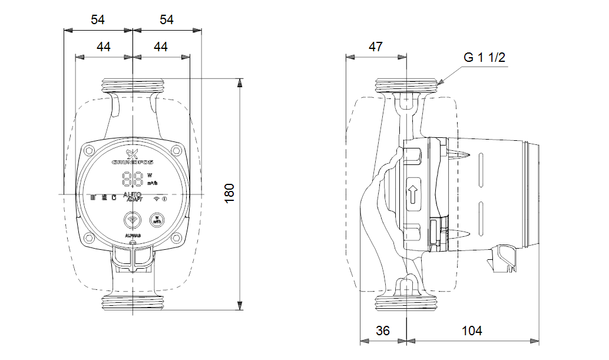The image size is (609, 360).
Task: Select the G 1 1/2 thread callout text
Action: click(485, 57)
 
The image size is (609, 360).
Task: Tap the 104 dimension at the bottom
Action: click(472, 331)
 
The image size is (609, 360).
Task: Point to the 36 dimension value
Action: click(383, 331)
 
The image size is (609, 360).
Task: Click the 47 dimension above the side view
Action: click(375, 48)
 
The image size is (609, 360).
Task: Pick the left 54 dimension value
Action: click(98, 19)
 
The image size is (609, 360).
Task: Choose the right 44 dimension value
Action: click(161, 47)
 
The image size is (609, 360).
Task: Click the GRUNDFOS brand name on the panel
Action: click(133, 161)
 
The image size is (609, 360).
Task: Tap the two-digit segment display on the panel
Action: click(133, 178)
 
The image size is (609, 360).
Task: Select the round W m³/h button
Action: click(157, 220)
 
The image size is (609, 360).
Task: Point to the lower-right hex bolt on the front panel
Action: click(177, 238)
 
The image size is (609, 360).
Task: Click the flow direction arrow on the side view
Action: click(413, 193)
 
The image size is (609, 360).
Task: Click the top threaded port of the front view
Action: click(133, 85)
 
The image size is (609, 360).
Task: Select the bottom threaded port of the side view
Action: click(407, 304)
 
